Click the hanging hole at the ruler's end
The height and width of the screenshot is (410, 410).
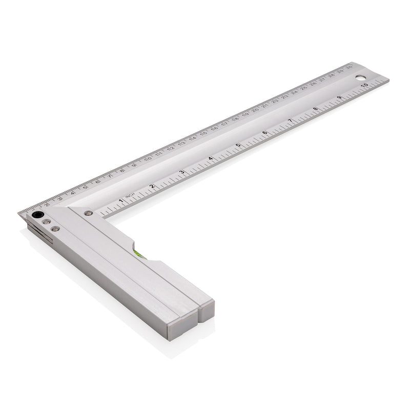coord(361,79)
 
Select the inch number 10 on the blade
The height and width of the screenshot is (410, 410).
coord(363,86)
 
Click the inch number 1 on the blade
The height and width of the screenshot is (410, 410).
coord(121,201)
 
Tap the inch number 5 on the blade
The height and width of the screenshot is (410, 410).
coord(238,146)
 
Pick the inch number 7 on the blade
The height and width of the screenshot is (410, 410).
coord(291,121)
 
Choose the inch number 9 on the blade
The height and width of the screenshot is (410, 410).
coord(339,97)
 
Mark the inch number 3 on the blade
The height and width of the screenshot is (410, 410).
coord(181,172)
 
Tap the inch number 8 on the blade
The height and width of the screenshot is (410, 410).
coord(315,109)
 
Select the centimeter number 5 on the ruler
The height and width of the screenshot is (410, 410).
coord(85,188)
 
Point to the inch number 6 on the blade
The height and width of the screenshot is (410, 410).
coord(264,133)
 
